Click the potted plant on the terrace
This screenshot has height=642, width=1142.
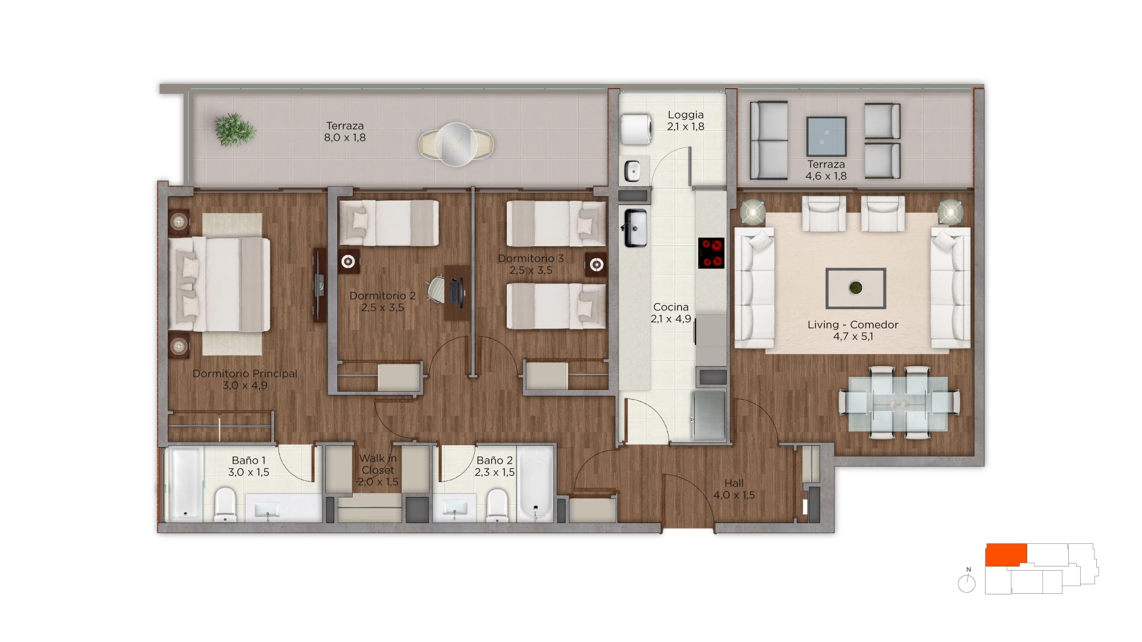[234, 130]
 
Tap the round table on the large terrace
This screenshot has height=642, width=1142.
[456, 144]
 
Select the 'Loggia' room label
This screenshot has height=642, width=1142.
[685, 115]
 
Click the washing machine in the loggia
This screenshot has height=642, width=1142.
[636, 129]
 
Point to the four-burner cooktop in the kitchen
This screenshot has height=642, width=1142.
[711, 253]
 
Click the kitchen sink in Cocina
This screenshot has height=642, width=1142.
[635, 228]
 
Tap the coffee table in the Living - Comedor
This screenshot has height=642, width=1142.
[855, 288]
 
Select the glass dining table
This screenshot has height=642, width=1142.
[899, 404]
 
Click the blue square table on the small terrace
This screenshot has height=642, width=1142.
[826, 137]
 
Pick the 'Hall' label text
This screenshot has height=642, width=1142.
[734, 483]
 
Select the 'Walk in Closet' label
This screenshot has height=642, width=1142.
[378, 464]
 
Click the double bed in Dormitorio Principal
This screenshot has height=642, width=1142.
[219, 284]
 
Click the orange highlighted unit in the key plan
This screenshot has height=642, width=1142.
[1006, 555]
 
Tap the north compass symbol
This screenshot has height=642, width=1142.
[967, 582]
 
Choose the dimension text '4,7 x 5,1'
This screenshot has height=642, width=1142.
[853, 336]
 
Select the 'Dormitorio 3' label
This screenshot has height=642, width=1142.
[531, 259]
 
